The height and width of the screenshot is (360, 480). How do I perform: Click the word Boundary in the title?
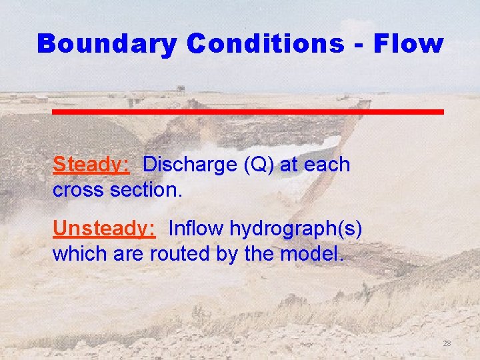pos(107,44)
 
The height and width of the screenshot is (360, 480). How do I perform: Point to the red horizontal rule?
pos(248,111)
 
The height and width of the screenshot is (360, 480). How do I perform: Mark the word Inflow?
pos(197,229)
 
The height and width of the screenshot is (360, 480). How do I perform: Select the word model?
pos(315,254)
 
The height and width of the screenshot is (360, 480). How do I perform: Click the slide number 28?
pos(447,343)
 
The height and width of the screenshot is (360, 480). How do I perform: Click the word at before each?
pos(289,165)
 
